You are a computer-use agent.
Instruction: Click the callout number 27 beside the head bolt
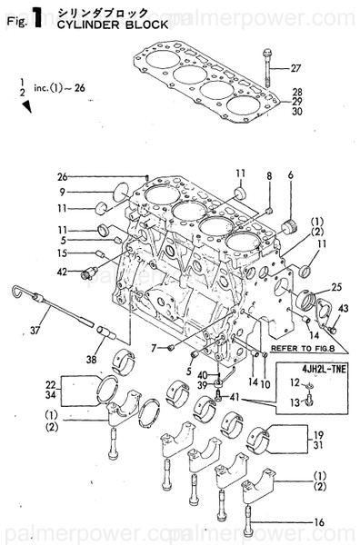[x=295, y=69]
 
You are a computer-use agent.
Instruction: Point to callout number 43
[x=342, y=310]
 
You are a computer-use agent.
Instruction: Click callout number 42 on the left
[x=62, y=271]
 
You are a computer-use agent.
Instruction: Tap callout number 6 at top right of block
[x=291, y=174]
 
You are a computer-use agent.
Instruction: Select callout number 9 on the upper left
[x=65, y=193]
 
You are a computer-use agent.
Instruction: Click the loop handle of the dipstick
[x=15, y=291]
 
